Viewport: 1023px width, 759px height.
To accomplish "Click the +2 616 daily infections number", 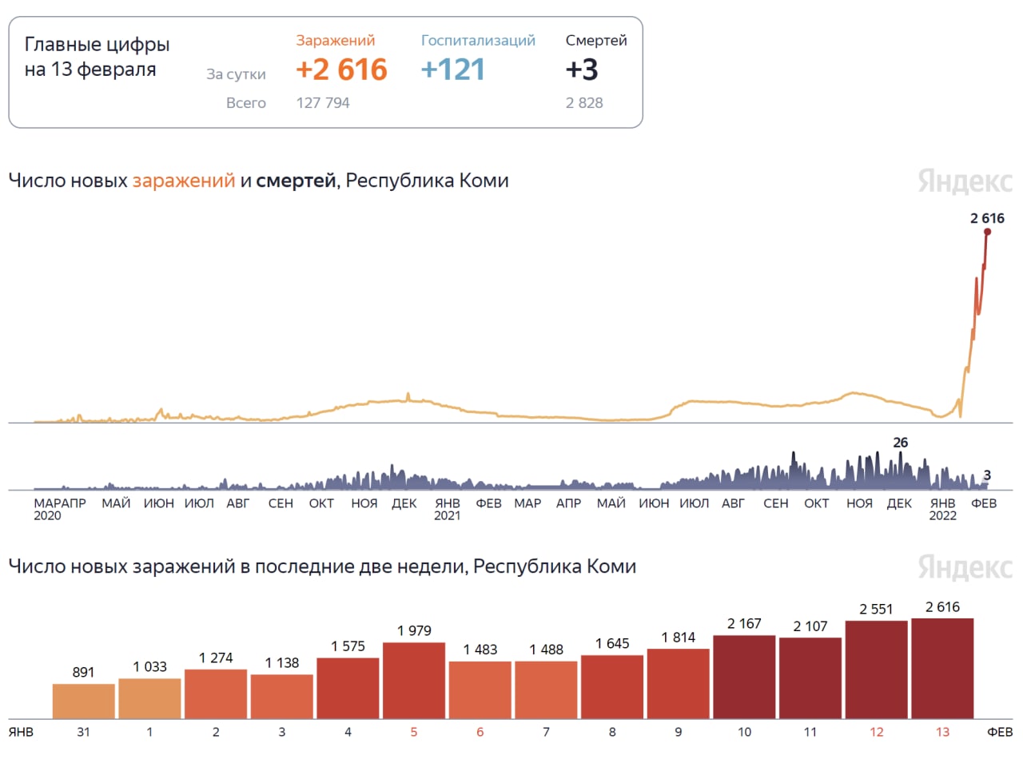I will (x=341, y=70).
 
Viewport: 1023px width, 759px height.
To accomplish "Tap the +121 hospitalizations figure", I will (x=453, y=70).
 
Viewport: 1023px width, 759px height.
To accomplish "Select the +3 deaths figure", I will (x=582, y=70).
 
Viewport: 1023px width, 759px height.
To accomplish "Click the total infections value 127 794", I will (x=323, y=103).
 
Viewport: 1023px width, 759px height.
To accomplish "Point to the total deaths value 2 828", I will (x=584, y=103).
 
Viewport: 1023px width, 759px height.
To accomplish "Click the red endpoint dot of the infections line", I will (x=987, y=232).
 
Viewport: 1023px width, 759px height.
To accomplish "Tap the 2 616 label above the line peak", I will (x=987, y=217).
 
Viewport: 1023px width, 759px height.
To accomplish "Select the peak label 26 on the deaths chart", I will (x=901, y=443).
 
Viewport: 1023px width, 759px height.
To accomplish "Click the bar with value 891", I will (x=84, y=701).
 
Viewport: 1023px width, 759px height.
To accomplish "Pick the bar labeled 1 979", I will (x=414, y=680).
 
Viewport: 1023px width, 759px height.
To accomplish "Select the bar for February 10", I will (x=744, y=677).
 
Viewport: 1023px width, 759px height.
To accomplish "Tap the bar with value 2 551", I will (x=876, y=670).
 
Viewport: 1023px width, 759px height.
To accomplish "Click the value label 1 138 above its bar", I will (x=281, y=662).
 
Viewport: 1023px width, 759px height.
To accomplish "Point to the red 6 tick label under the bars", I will (x=480, y=732).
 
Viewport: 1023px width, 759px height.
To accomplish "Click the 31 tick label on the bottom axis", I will (x=84, y=732).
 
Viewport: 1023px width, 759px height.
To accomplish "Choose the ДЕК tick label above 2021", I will (x=405, y=503).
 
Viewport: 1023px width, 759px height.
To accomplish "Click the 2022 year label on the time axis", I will (x=943, y=516).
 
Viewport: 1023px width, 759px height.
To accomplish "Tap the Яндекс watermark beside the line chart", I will (x=965, y=181).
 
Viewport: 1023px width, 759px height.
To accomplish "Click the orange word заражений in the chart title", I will (x=184, y=181).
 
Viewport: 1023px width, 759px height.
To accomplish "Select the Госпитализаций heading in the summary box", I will (x=478, y=41).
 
